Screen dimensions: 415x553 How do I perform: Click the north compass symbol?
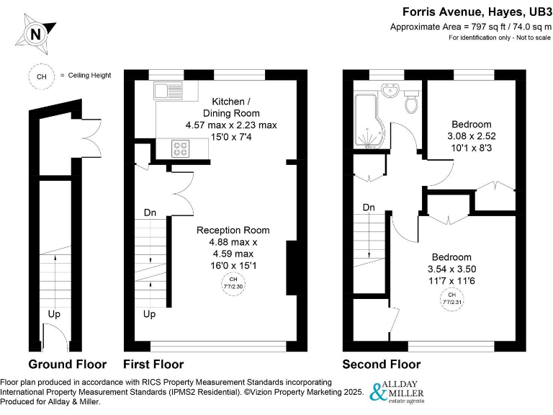(x=35, y=34)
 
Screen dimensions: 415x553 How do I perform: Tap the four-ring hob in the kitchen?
(x=179, y=149)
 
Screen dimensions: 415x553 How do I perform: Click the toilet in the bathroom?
(x=412, y=102)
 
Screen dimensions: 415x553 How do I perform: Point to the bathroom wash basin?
(x=390, y=91)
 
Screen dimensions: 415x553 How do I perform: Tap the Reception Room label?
(x=233, y=231)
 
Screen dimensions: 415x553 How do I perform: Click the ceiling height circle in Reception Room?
(x=233, y=283)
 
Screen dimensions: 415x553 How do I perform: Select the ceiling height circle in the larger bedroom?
(x=451, y=298)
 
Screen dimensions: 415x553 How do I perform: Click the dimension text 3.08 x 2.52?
(x=471, y=136)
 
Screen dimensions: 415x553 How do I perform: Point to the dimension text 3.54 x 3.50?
(x=451, y=269)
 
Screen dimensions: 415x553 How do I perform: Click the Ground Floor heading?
(x=67, y=364)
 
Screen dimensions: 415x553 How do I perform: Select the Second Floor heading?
(x=381, y=364)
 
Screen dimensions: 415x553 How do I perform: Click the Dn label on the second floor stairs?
(x=369, y=207)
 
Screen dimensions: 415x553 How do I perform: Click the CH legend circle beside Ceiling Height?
(x=40, y=76)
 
